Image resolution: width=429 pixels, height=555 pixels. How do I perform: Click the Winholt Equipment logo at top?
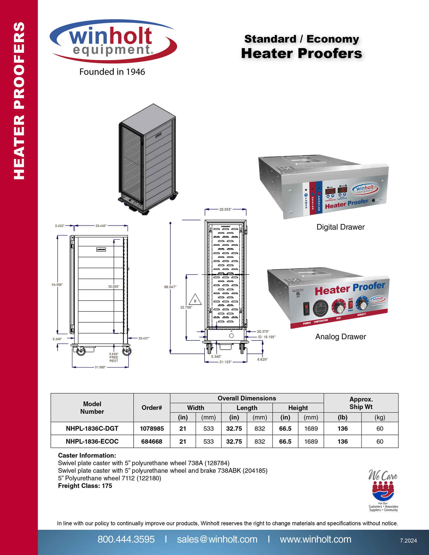pos(113,41)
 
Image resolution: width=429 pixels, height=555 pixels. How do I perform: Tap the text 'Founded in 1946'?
pos(112,72)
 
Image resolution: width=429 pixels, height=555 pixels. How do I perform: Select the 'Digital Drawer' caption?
pos(341,227)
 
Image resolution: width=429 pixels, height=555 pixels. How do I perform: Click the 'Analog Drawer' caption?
pos(341,337)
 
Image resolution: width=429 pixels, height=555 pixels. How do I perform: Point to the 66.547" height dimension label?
pos(170,287)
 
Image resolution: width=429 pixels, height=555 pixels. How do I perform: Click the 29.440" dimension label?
pos(101,226)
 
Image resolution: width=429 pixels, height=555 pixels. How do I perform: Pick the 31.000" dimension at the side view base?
pos(100,367)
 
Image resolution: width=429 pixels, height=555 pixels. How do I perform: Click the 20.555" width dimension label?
pos(225,210)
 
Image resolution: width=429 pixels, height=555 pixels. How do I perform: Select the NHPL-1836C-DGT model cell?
pos(92,429)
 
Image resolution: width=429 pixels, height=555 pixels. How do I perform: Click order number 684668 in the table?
pos(152,442)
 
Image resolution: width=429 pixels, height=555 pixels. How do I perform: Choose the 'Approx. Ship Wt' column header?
pos(361,403)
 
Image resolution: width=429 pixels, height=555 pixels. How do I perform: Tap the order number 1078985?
pos(152,429)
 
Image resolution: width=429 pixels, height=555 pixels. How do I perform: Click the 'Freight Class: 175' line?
pos(85,486)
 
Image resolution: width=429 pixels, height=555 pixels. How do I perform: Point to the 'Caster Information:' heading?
pos(87,456)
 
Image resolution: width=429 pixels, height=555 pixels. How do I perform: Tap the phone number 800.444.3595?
pos(126,539)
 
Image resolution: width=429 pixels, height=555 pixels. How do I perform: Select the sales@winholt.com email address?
pos(217,539)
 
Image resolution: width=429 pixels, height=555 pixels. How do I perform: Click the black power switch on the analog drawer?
pos(306,308)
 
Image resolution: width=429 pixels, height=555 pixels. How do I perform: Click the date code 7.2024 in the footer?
pos(408,541)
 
